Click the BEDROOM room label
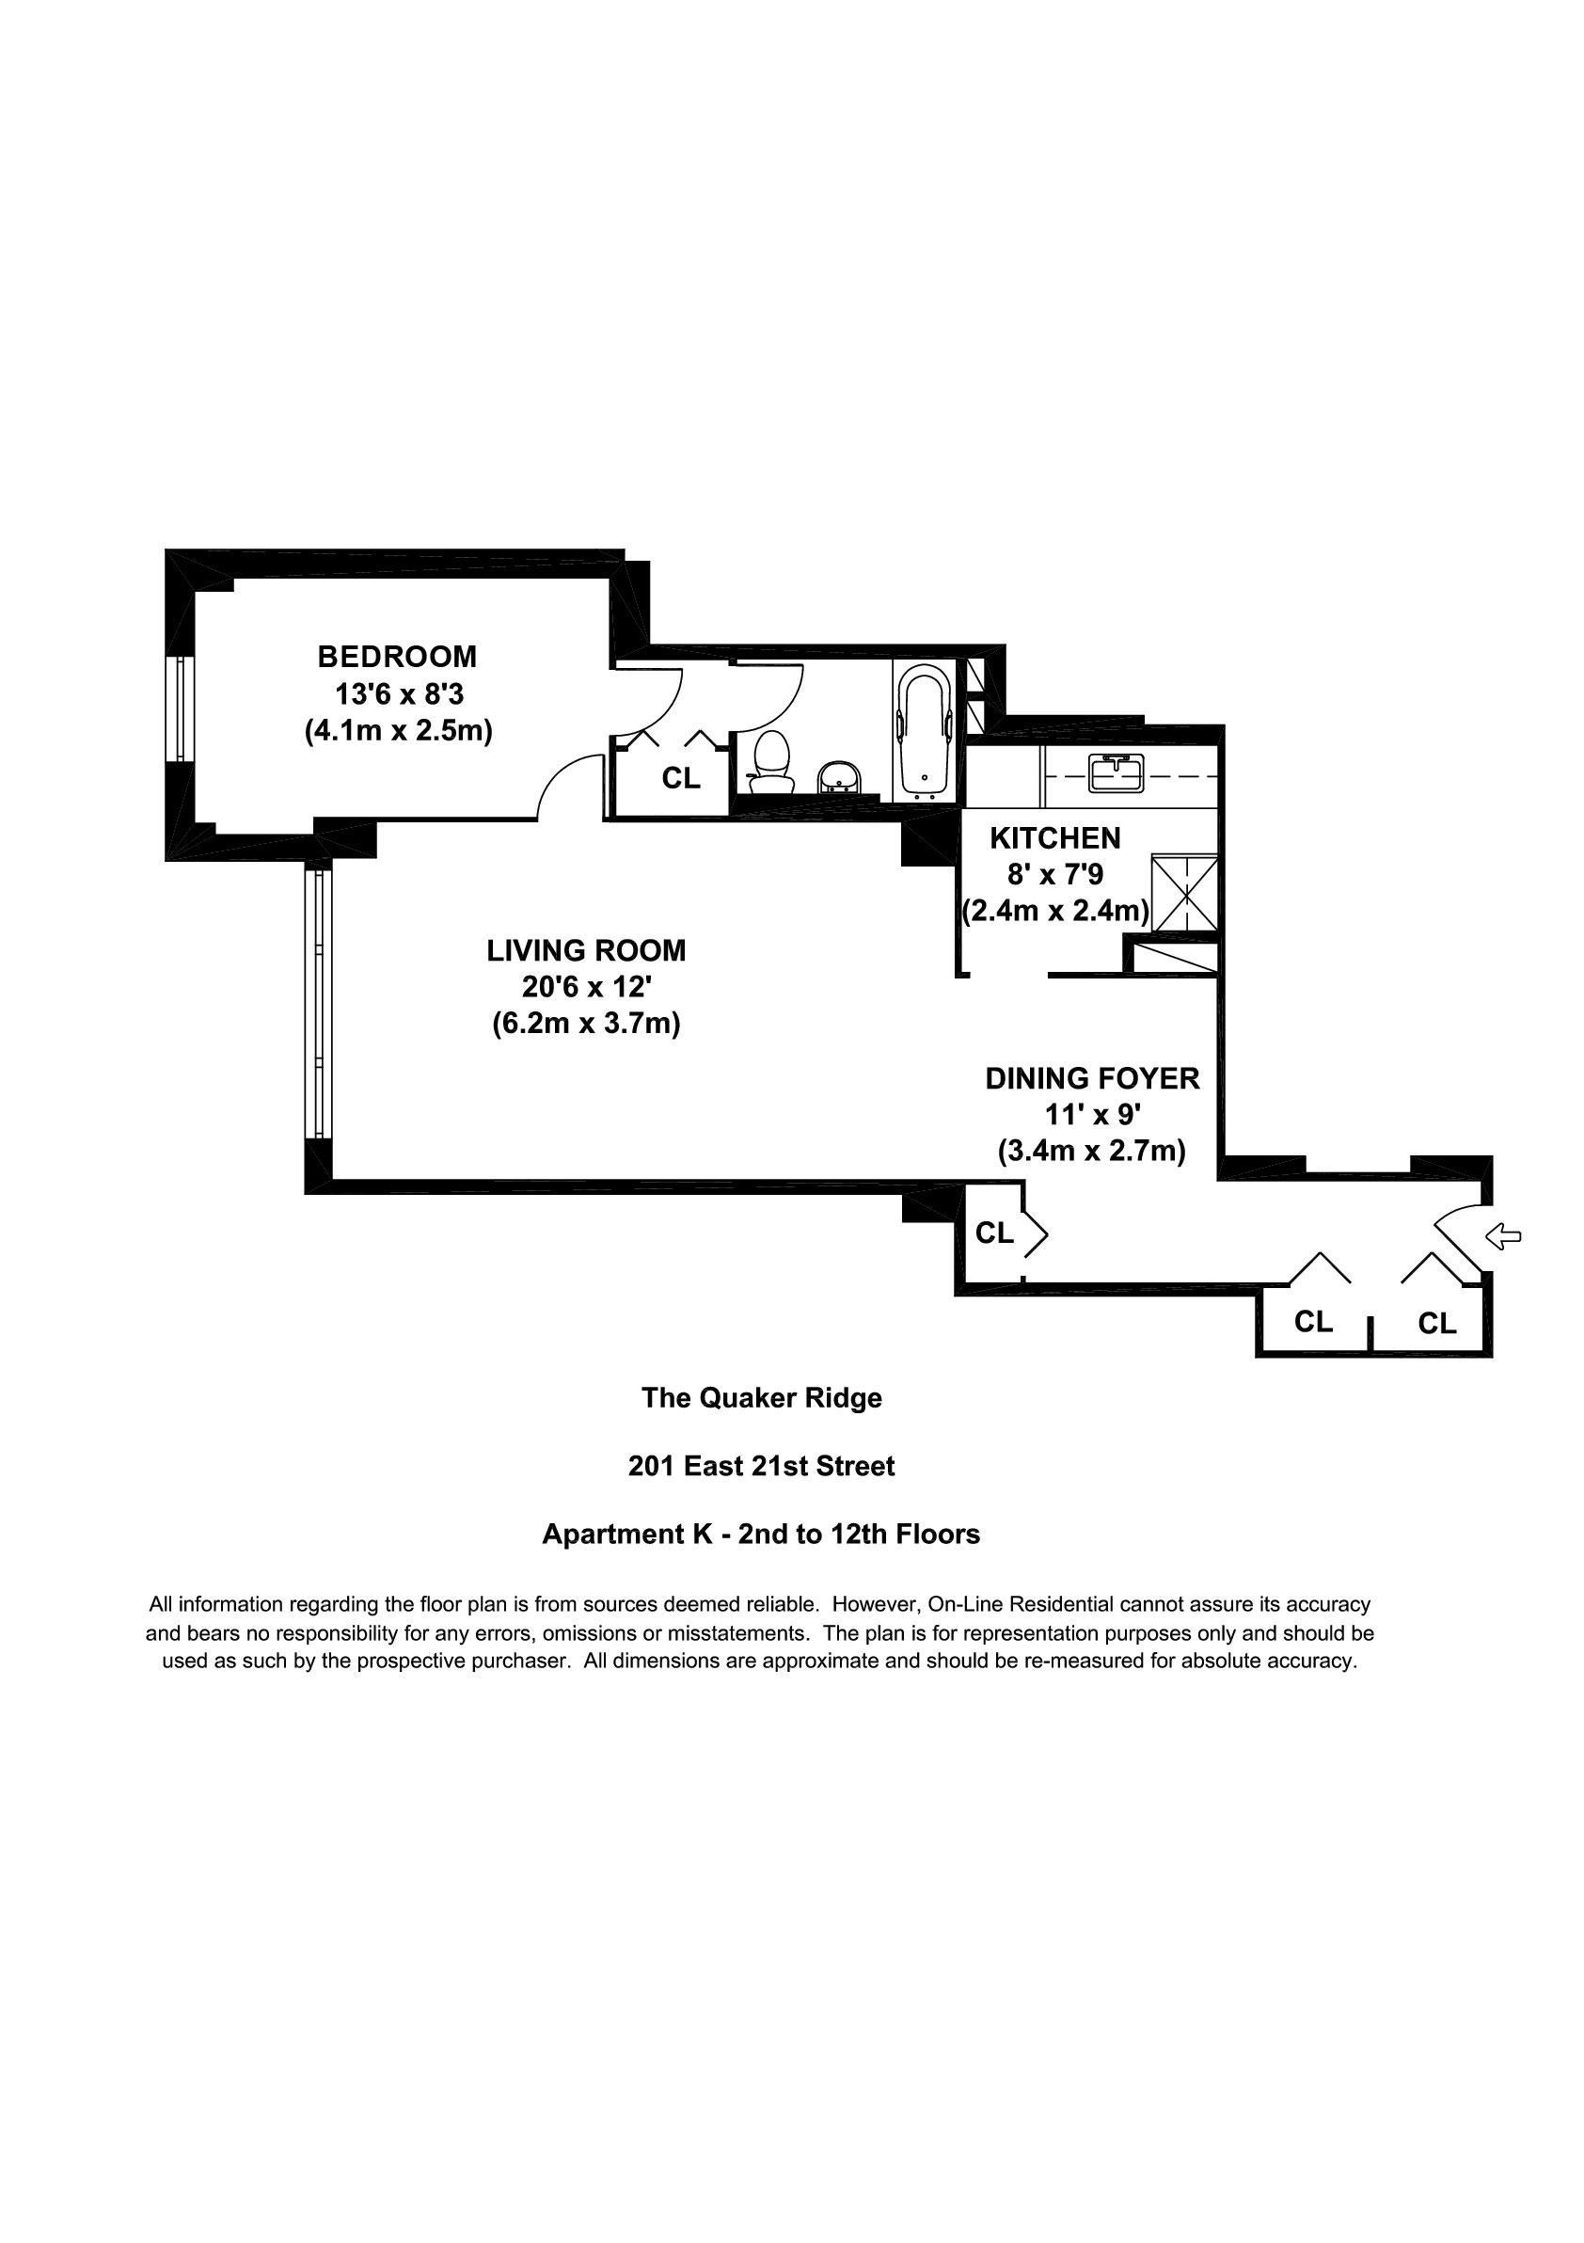(x=398, y=656)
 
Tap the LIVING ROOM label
(x=586, y=950)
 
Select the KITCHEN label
(x=1054, y=838)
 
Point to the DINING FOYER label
(x=1092, y=1078)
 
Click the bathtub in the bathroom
(x=924, y=729)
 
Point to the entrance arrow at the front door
(x=1503, y=1237)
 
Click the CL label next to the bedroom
(x=681, y=779)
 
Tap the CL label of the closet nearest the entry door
(x=1436, y=1324)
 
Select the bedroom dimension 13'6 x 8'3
(x=399, y=694)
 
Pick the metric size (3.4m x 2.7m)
(x=1092, y=1152)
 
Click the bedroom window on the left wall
(x=180, y=708)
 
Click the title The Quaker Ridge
(x=762, y=1398)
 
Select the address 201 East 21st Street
(x=762, y=1467)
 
